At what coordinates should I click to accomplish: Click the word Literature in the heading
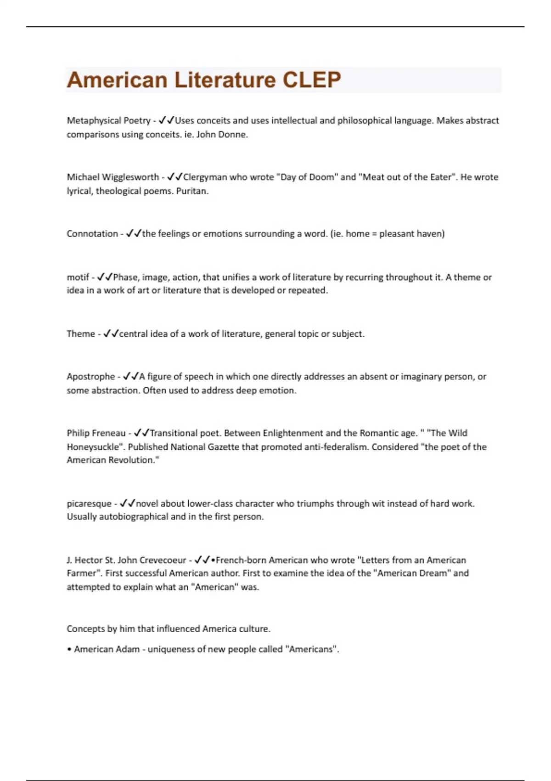pyautogui.click(x=225, y=80)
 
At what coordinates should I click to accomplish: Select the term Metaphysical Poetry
pyautogui.click(x=108, y=120)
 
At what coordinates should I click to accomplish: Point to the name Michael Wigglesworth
pyautogui.click(x=112, y=177)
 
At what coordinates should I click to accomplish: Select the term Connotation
pyautogui.click(x=92, y=233)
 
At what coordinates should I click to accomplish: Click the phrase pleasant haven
pyautogui.click(x=410, y=233)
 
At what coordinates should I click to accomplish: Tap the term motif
pyautogui.click(x=78, y=277)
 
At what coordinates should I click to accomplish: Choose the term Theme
pyautogui.click(x=80, y=334)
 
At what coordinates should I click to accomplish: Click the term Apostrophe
pyautogui.click(x=90, y=376)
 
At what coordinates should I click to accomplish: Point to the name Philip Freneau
pyautogui.click(x=96, y=433)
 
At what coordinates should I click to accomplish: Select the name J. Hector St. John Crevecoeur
pyautogui.click(x=126, y=560)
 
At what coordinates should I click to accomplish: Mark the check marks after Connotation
pyautogui.click(x=134, y=233)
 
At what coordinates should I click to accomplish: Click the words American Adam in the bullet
pyautogui.click(x=107, y=649)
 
